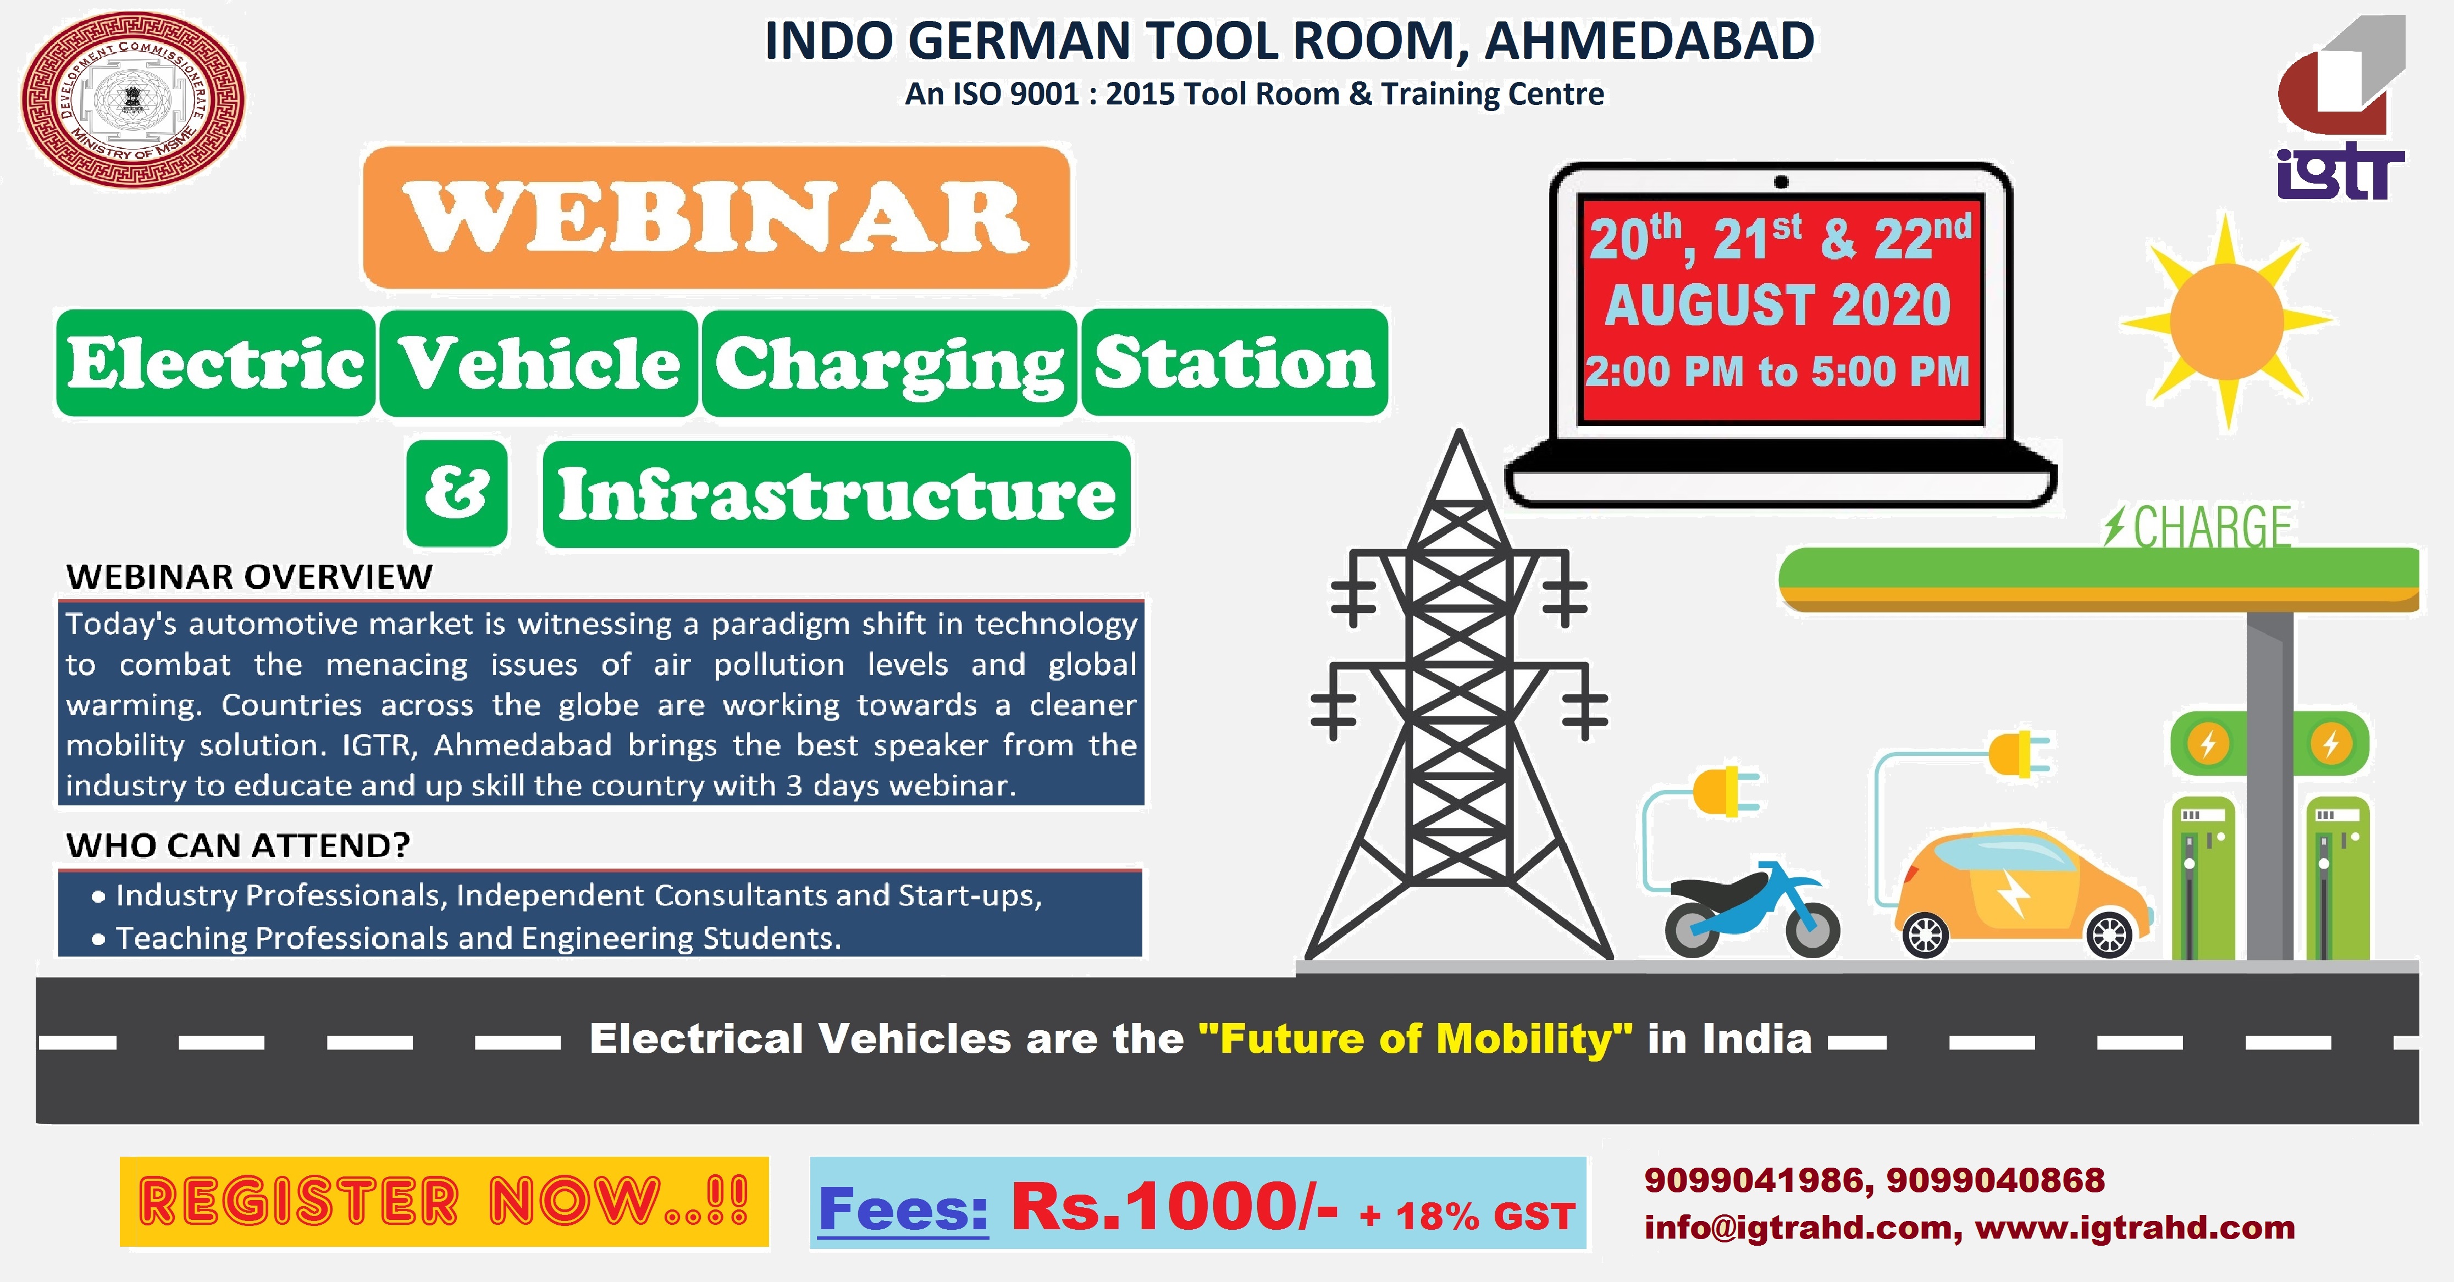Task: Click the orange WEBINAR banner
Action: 716,217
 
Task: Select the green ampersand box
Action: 457,493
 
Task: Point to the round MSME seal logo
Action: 132,100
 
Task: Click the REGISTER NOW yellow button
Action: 444,1201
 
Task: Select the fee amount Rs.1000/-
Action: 1174,1206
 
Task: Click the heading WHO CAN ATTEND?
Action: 238,845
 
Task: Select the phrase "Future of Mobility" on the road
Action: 1414,1038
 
